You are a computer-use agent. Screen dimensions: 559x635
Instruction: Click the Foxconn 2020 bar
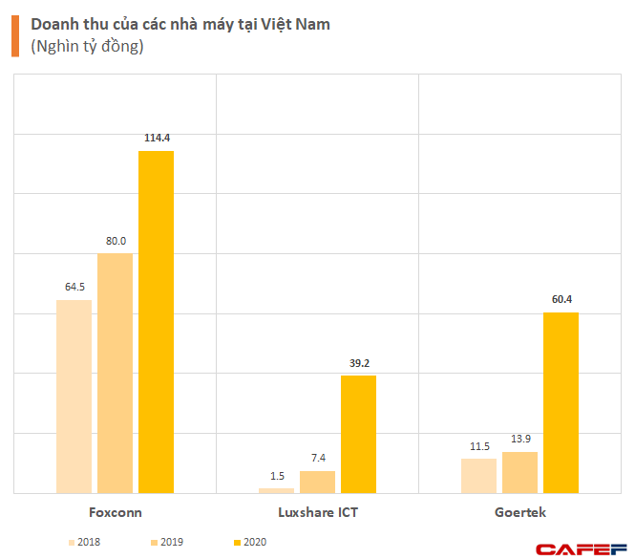(156, 322)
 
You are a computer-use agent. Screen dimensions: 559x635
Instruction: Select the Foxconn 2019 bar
(115, 373)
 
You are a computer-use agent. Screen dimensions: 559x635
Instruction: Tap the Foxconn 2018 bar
(74, 397)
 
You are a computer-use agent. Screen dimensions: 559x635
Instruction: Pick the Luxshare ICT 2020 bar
(358, 434)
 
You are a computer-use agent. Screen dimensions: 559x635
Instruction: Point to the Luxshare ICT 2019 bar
(317, 482)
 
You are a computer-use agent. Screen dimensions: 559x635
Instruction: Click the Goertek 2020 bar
(561, 402)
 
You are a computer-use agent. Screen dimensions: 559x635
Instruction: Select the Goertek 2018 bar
(478, 476)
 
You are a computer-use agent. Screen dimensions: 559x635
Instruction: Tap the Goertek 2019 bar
(519, 472)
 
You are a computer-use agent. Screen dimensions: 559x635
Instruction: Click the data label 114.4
(156, 139)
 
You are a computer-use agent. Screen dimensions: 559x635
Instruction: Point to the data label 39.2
(358, 363)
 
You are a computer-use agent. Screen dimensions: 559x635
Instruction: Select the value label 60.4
(561, 300)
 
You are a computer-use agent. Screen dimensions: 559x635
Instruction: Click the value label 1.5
(277, 476)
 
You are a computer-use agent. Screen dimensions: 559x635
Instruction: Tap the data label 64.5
(74, 287)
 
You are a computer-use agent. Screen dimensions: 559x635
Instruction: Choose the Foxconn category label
(115, 512)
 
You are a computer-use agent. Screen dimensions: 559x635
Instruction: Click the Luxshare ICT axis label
(317, 512)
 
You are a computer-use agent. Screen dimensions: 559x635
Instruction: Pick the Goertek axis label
(519, 512)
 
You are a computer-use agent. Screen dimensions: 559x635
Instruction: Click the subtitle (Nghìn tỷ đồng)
(87, 47)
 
